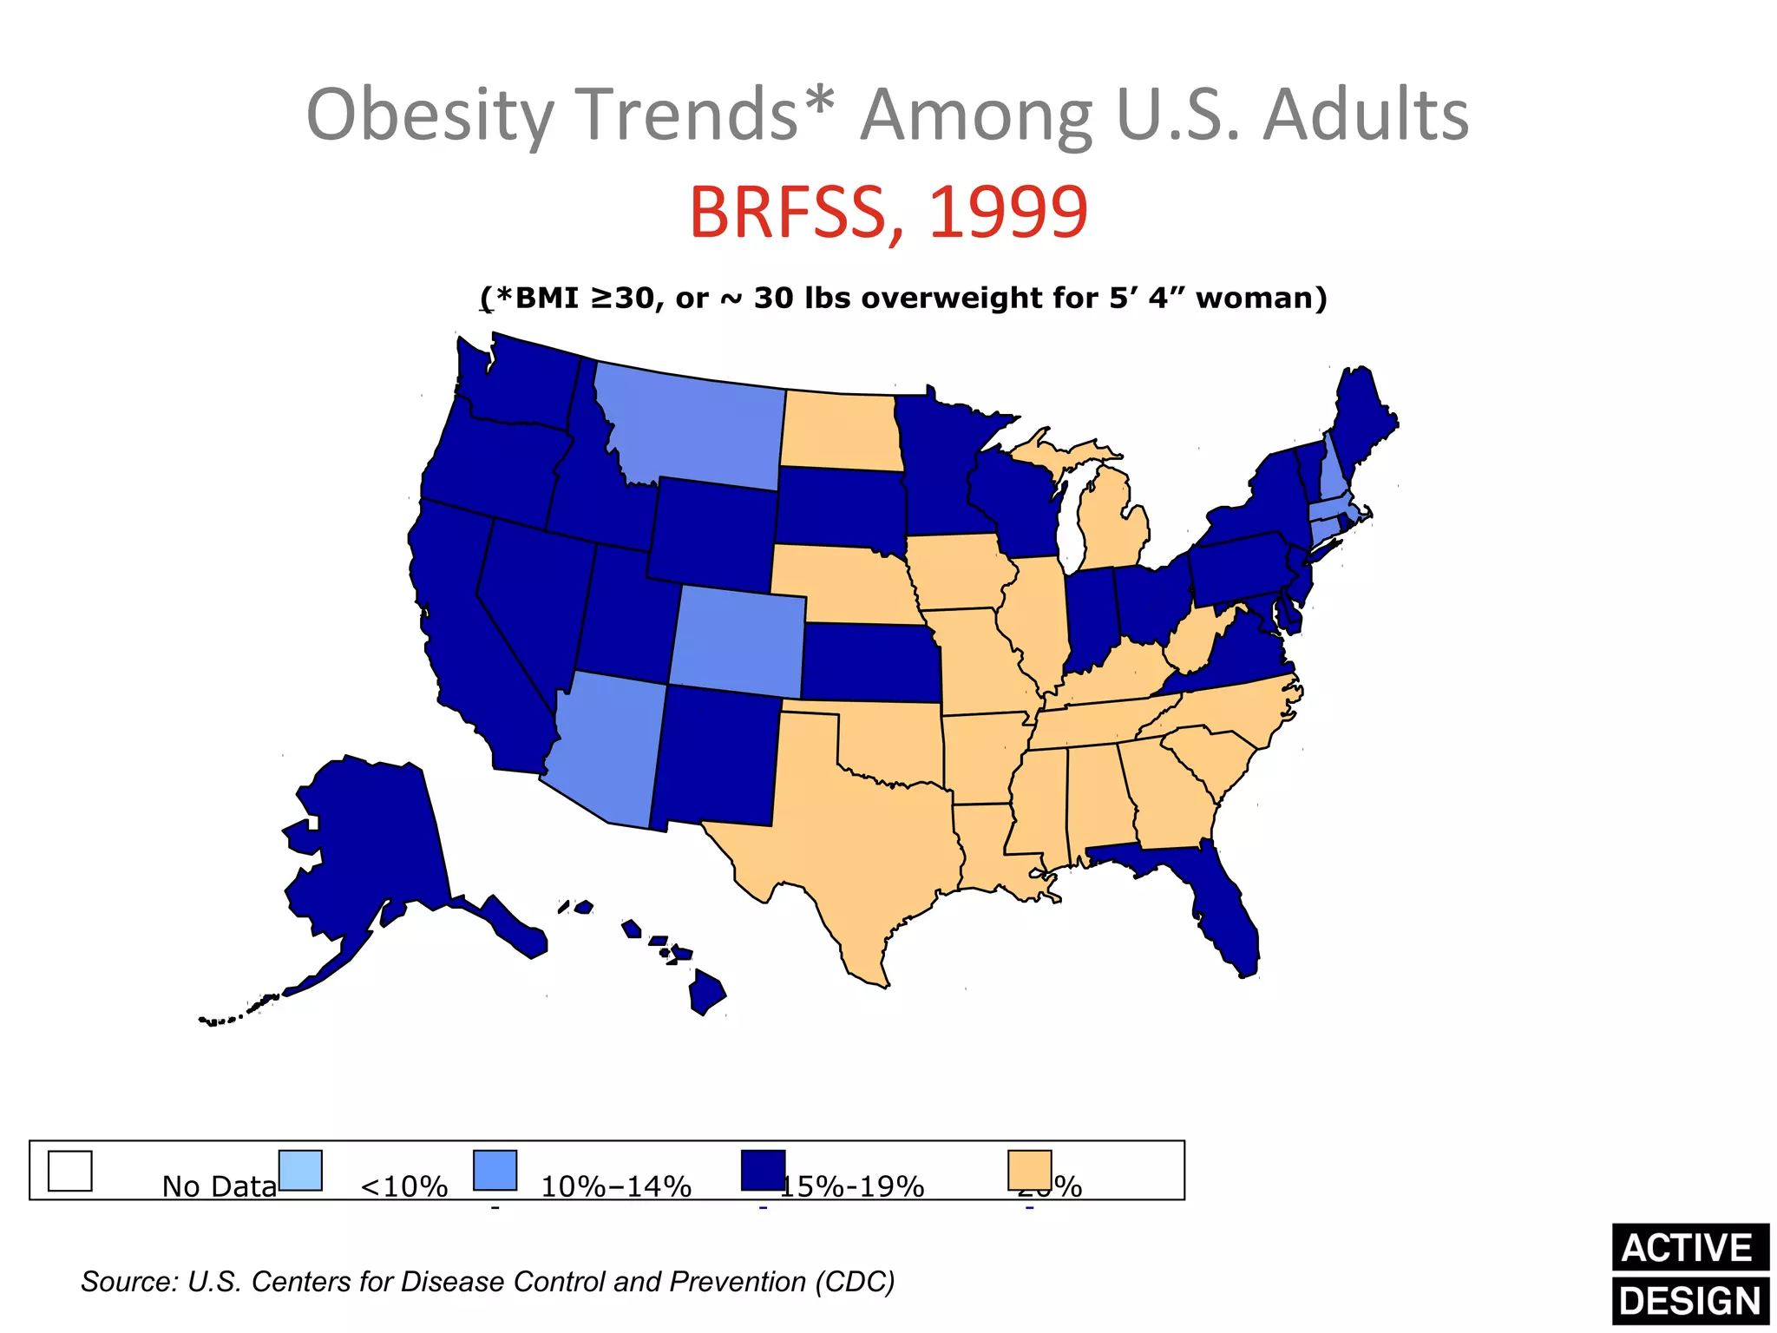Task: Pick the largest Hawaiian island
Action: click(706, 993)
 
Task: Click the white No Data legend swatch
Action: click(70, 1171)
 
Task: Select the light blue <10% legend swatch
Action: click(301, 1171)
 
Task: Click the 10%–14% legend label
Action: click(616, 1186)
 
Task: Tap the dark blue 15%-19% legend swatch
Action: click(763, 1171)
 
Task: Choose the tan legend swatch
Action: click(1029, 1171)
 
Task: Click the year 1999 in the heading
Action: click(1008, 212)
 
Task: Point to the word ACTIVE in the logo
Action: click(1688, 1248)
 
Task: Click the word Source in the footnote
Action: click(128, 1282)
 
